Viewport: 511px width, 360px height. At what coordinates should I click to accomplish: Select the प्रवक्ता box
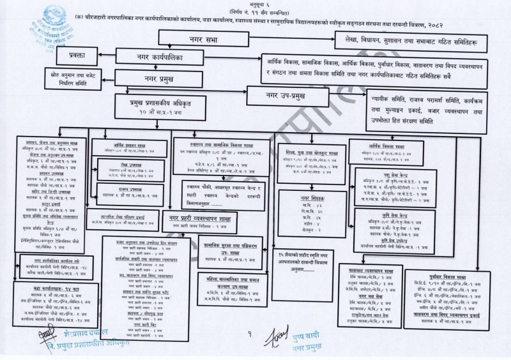83,56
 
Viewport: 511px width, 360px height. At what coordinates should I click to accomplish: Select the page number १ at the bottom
250,334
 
